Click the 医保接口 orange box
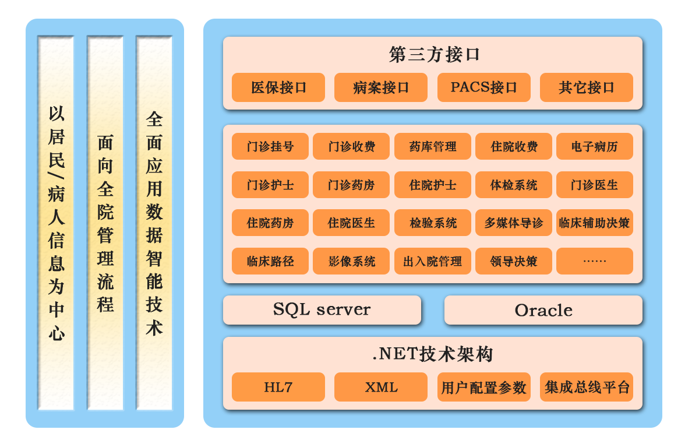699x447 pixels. (x=278, y=87)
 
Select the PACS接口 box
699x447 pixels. (x=483, y=87)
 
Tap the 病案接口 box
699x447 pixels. (x=381, y=87)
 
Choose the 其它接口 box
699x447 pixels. (x=586, y=87)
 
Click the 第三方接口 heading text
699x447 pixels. (x=434, y=55)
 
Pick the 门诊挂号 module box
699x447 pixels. (x=270, y=146)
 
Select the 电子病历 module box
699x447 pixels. (x=594, y=146)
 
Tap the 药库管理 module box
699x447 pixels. (x=432, y=146)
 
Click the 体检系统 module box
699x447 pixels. (x=513, y=185)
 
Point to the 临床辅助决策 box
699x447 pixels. (x=594, y=223)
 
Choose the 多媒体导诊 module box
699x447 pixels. (x=513, y=223)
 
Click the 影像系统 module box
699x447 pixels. (x=351, y=261)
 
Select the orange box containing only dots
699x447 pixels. (x=594, y=261)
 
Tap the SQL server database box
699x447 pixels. (x=322, y=309)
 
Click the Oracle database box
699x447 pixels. (x=543, y=310)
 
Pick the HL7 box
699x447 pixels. (x=278, y=387)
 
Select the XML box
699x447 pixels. (x=381, y=387)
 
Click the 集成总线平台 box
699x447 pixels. (x=586, y=387)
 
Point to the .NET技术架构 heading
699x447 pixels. (x=433, y=354)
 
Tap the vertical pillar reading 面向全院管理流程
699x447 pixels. (x=105, y=223)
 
